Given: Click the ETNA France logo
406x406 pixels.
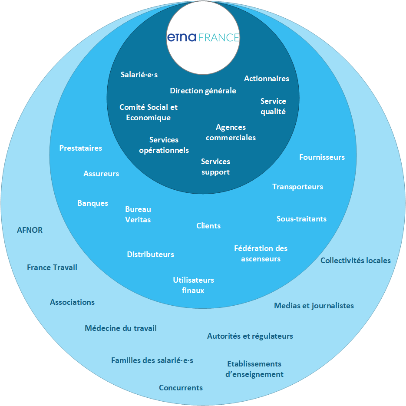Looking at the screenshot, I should (203, 38).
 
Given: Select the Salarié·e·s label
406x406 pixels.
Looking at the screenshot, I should (139, 75).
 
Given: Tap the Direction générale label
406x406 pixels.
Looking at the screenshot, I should (203, 91).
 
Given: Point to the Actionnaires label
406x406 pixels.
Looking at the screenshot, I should (266, 79).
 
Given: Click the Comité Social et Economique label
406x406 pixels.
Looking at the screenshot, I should (149, 112).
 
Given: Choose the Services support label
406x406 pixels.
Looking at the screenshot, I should (215, 167).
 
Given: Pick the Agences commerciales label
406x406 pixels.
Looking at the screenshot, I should (231, 132).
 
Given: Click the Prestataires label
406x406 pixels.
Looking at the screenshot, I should (81, 148).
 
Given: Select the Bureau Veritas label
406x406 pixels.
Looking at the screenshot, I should (138, 215).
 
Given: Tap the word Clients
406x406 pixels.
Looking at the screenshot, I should (208, 226).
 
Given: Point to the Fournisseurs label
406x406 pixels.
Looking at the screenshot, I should (322, 157).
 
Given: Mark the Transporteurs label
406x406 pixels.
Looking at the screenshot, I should (297, 187).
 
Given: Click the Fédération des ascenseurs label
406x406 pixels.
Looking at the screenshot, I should (261, 254).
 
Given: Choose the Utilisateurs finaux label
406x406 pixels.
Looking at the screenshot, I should (193, 285).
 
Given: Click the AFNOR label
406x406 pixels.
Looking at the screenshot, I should (30, 230).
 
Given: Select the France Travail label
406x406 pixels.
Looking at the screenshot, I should (52, 267).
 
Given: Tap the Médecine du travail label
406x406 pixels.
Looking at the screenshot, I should (121, 328).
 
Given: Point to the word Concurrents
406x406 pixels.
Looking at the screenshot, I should (181, 388).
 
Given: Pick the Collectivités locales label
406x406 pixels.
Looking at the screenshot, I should (355, 261).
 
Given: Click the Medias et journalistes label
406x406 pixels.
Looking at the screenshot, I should (314, 306).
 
